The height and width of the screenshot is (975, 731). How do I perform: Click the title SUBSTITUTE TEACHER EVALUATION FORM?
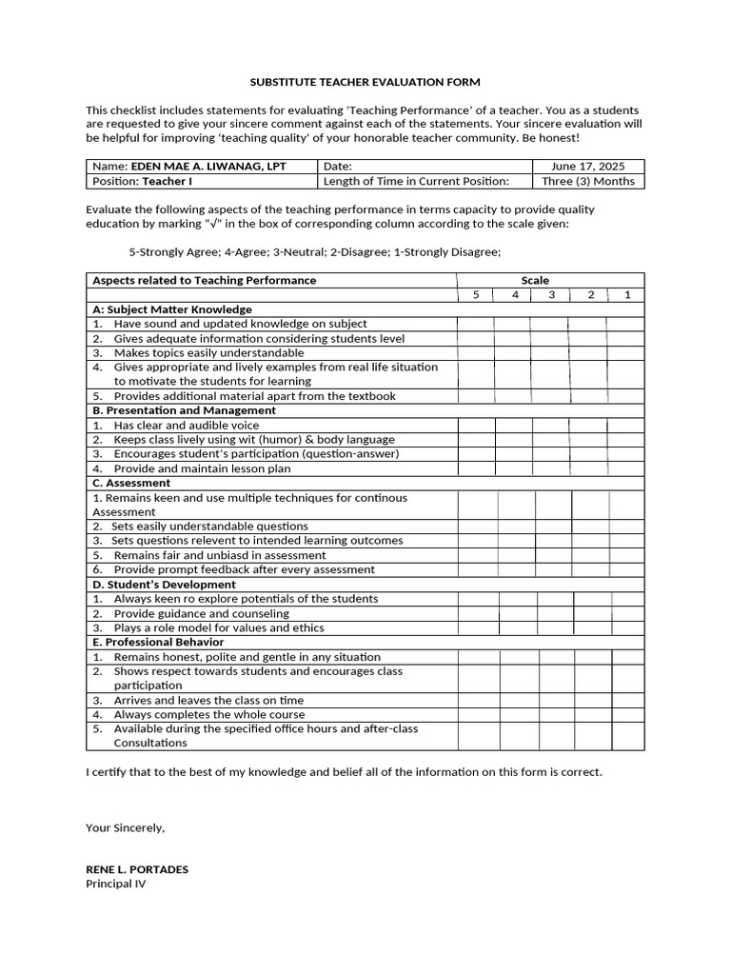[365, 82]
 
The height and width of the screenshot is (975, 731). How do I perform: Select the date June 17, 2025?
[587, 167]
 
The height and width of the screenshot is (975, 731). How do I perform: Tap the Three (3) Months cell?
[587, 181]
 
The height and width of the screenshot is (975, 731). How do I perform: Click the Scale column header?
[535, 280]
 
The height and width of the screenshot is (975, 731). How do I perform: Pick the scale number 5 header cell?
[476, 295]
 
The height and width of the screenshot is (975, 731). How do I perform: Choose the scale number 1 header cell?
[626, 295]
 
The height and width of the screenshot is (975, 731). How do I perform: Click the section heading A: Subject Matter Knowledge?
[172, 309]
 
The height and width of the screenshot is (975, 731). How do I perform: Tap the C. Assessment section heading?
[131, 483]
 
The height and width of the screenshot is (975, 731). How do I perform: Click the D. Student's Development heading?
[164, 585]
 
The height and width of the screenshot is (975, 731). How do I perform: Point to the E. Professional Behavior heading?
[158, 642]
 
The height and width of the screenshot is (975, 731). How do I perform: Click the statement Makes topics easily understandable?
[208, 352]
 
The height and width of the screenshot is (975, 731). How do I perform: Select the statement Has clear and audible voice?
[186, 426]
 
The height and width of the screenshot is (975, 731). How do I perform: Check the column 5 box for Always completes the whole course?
[478, 714]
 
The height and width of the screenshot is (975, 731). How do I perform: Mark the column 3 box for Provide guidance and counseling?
[556, 614]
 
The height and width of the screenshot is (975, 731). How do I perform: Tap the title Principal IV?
[116, 883]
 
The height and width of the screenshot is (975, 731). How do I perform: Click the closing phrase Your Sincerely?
[125, 827]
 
